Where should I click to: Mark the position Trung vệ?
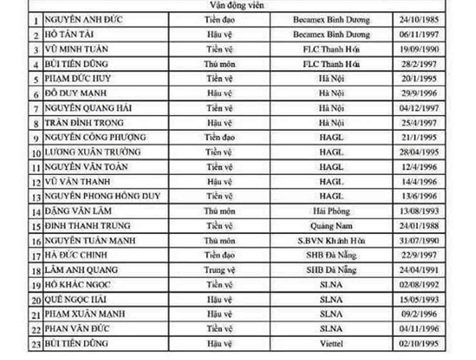click(218, 270)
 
